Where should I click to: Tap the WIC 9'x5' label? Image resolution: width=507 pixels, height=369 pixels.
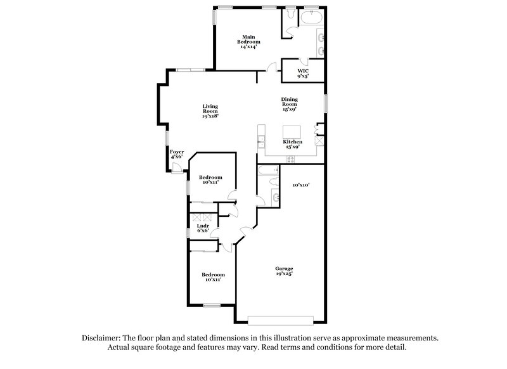(303, 74)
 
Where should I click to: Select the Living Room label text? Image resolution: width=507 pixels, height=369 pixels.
(210, 111)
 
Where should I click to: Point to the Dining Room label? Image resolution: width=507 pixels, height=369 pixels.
(290, 105)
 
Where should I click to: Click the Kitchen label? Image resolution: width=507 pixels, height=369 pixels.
(292, 144)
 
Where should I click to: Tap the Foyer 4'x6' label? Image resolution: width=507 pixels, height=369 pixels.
(177, 154)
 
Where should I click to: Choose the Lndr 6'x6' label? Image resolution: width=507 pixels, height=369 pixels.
(203, 228)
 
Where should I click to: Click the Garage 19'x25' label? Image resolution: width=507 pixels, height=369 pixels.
(283, 271)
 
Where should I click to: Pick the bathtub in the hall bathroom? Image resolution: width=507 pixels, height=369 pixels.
(268, 169)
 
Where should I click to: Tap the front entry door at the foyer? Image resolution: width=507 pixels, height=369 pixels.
(177, 167)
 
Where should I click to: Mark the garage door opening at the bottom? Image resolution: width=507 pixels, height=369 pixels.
(279, 319)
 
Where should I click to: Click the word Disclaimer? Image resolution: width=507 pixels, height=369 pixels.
(103, 338)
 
